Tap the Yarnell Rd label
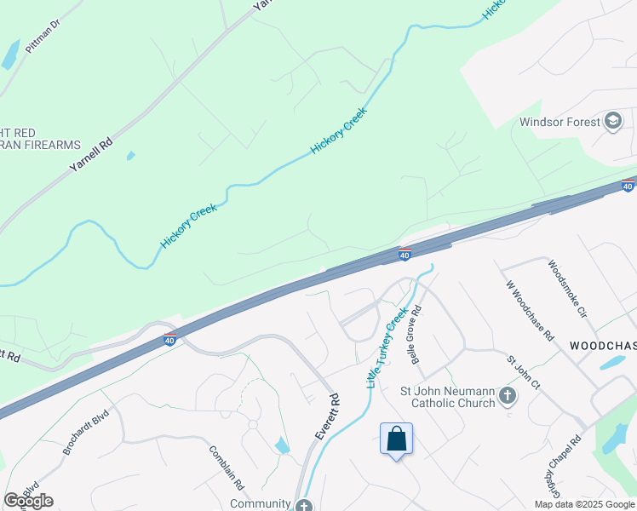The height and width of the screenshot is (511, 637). tap(91, 156)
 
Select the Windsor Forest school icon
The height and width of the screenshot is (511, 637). tap(612, 122)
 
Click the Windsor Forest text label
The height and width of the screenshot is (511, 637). tap(560, 122)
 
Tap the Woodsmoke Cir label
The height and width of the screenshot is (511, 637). tap(568, 288)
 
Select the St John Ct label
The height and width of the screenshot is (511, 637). tap(524, 373)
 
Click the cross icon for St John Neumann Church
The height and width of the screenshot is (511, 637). tap(508, 395)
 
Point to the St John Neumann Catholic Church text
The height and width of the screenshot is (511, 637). tap(447, 397)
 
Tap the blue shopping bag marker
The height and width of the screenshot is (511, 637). tap(396, 439)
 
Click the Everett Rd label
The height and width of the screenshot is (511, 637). tap(327, 416)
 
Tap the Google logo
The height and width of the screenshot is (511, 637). tap(28, 501)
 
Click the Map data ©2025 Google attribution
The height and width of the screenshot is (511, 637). tap(583, 504)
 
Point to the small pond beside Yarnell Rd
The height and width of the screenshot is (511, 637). tap(130, 156)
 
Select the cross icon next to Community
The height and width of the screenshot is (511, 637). tap(305, 504)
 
